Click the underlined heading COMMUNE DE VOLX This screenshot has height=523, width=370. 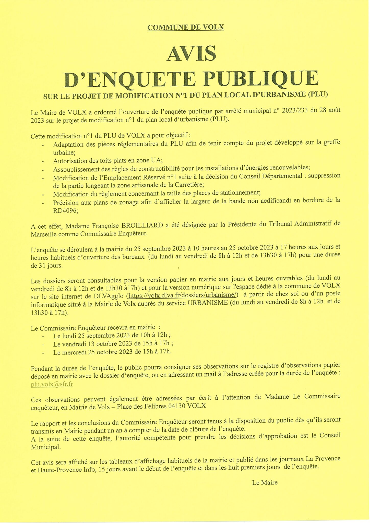coord(186,27)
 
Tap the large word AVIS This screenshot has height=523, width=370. coord(191,54)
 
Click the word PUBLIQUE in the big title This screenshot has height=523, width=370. coord(260,79)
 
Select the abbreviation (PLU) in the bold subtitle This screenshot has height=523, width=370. coord(318,94)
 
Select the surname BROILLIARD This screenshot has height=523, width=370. coord(142,225)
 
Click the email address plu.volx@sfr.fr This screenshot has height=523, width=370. coord(52,384)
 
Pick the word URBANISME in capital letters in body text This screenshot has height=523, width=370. coord(208,303)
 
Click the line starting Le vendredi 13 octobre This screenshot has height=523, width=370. coord(113,344)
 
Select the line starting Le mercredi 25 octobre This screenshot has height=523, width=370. coord(112,352)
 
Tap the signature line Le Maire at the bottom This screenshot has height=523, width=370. coord(265,483)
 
